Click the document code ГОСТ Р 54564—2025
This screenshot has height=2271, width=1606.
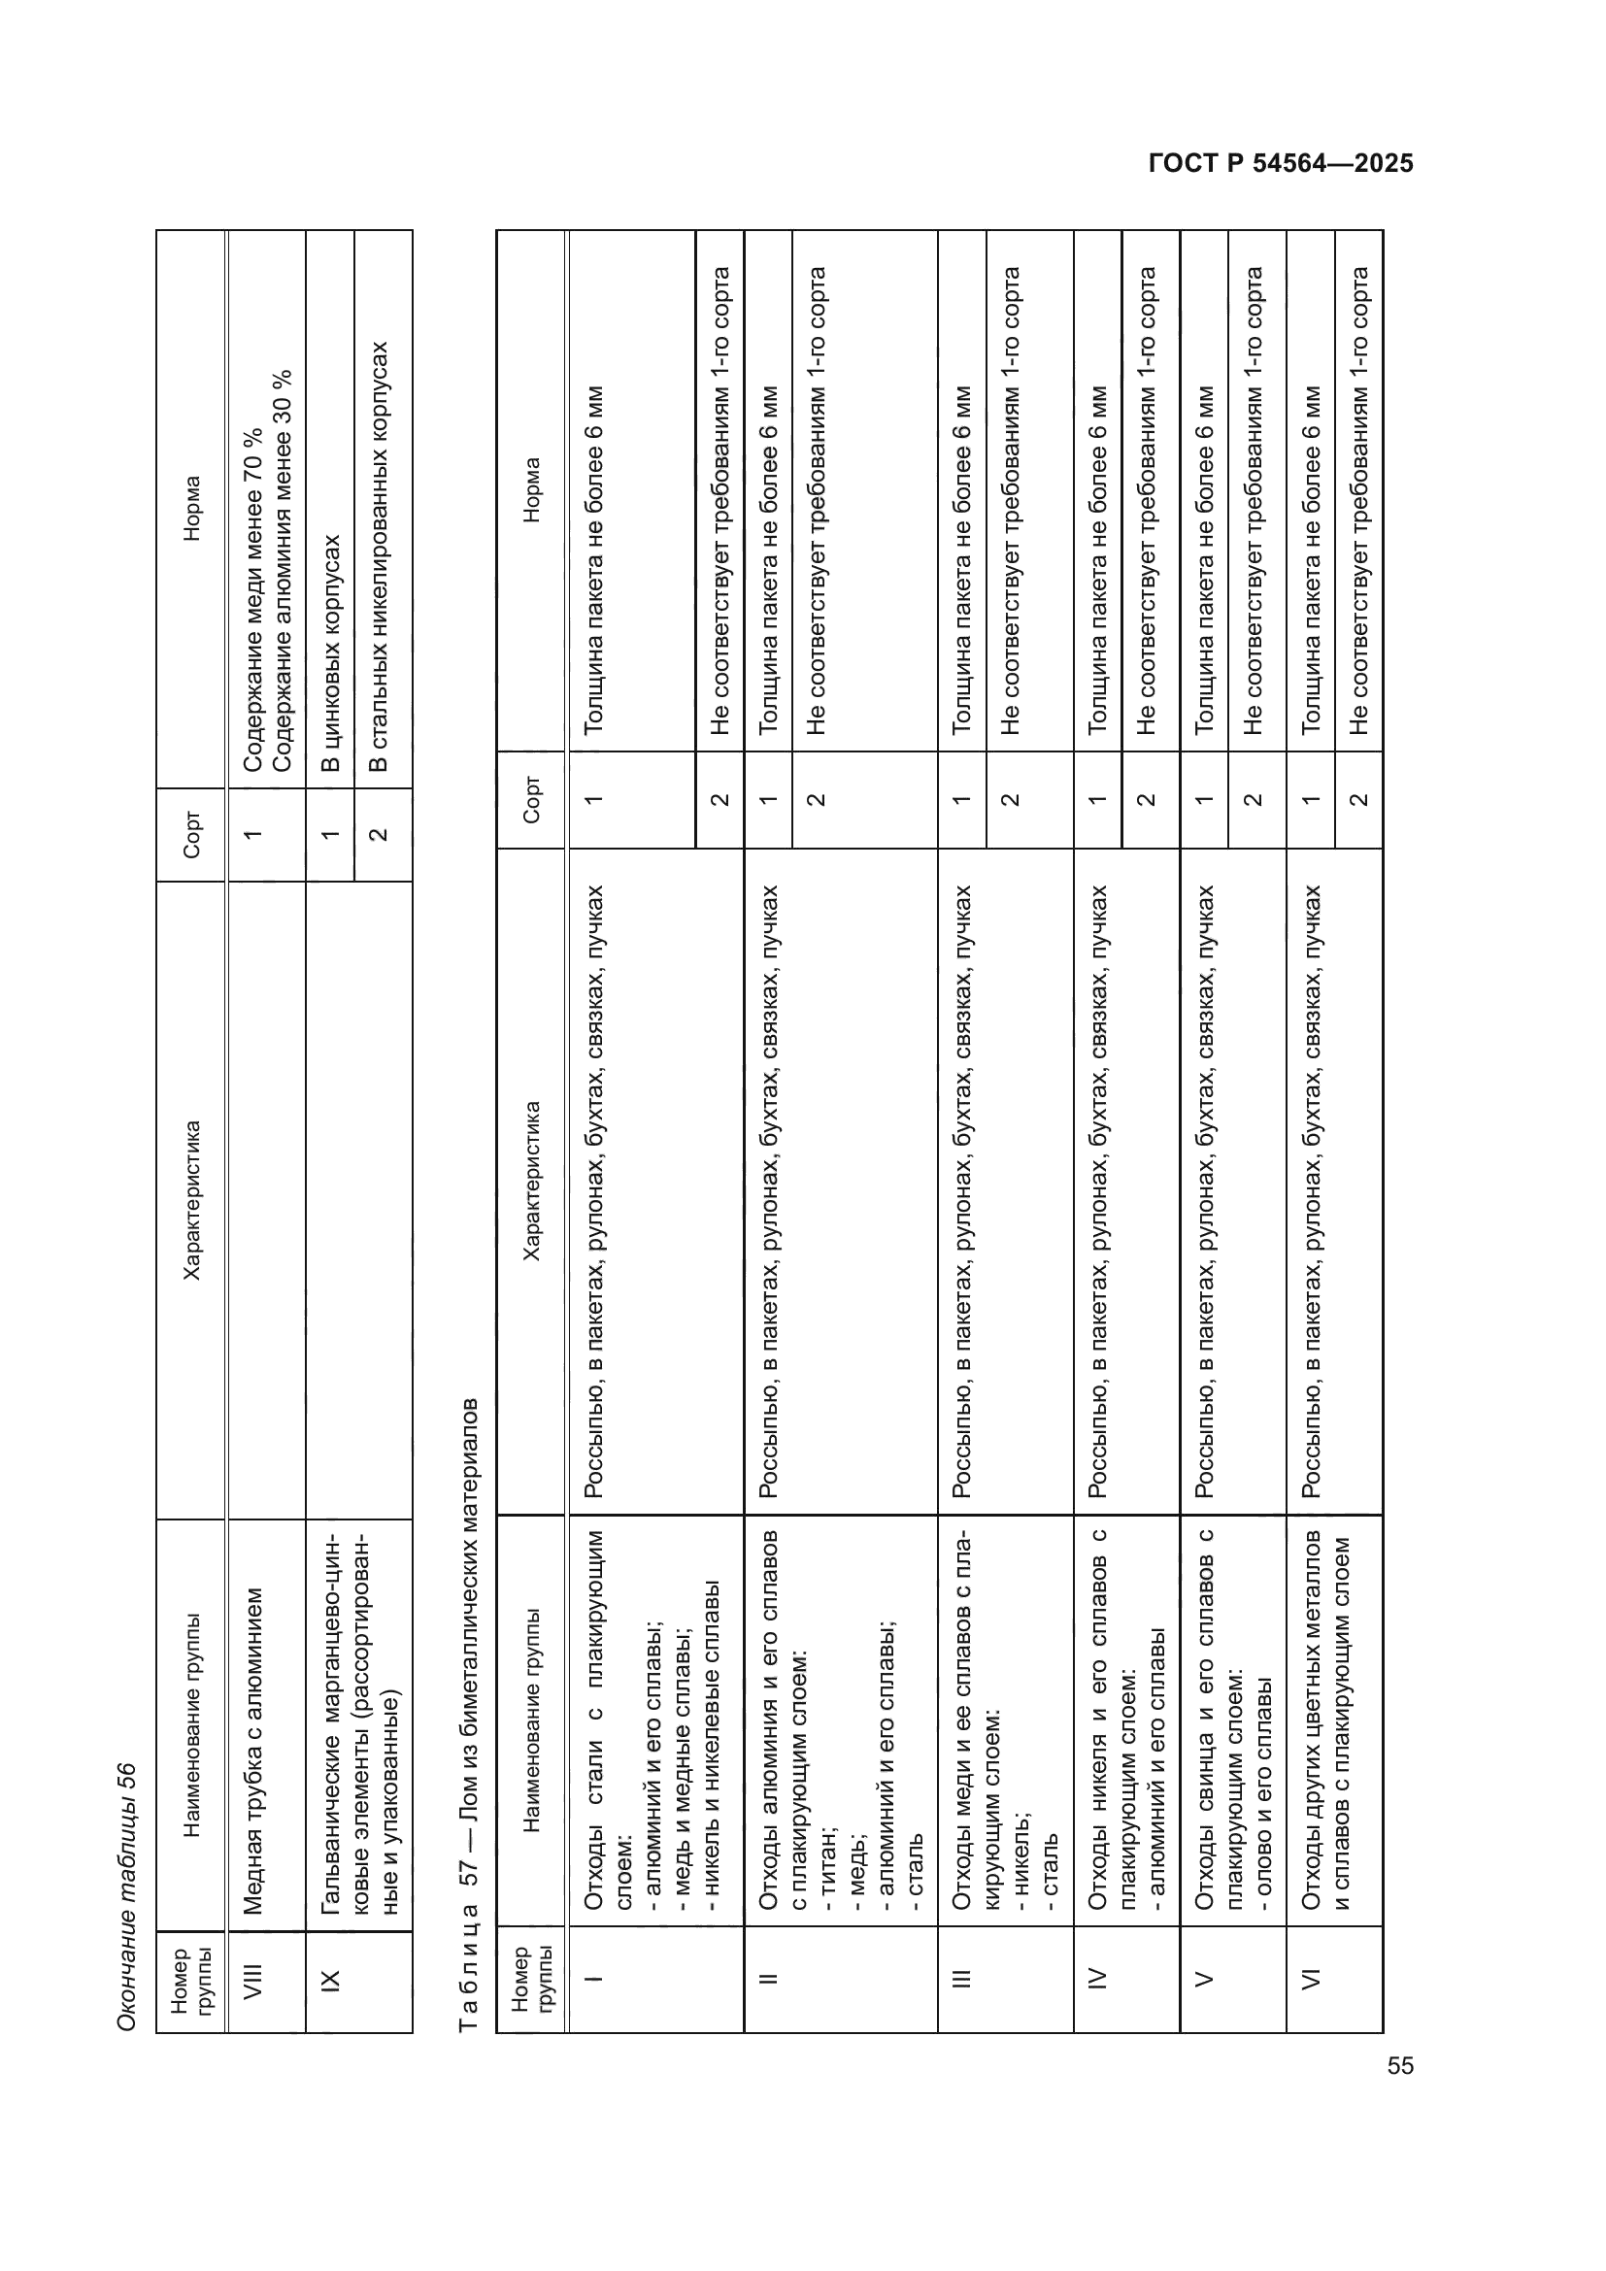1281,163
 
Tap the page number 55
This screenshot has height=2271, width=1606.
1400,2066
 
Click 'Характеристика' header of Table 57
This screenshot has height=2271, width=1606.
531,1181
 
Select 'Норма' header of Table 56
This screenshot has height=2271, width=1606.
192,509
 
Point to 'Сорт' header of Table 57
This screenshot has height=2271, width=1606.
531,800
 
